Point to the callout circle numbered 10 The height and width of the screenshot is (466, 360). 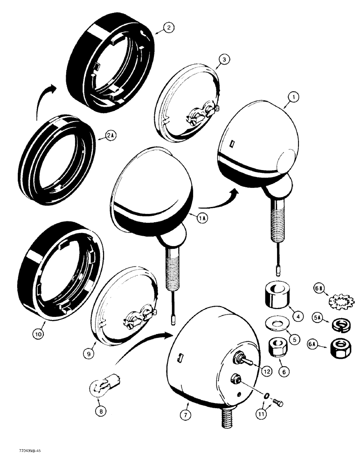pos(38,334)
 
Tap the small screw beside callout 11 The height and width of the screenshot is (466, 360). pos(278,401)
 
